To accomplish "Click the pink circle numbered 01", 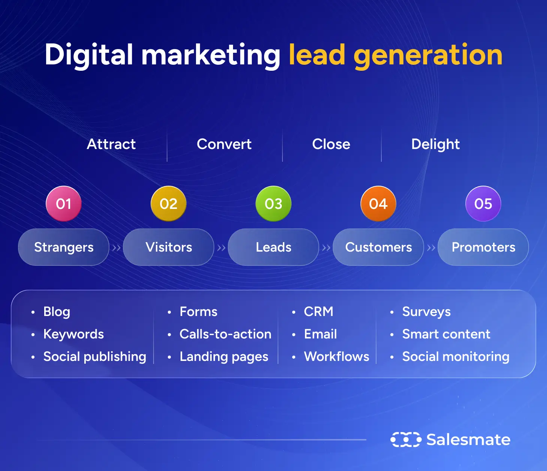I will click(x=64, y=204).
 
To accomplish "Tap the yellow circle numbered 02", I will click(x=169, y=204).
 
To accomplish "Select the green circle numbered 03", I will click(x=273, y=204).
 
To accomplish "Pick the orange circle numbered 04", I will click(x=378, y=204).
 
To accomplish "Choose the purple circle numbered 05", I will click(x=483, y=204).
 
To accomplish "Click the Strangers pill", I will click(x=64, y=247).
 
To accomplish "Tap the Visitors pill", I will click(x=169, y=247).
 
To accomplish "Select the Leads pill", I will click(x=273, y=247).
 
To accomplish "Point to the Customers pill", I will click(x=378, y=247).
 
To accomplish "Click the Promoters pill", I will click(x=483, y=247).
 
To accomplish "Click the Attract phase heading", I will click(x=111, y=144).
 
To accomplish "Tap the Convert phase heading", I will click(x=224, y=144).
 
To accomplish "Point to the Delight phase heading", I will click(x=435, y=144).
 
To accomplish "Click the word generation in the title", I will click(x=428, y=55).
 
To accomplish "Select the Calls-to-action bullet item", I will click(x=225, y=334).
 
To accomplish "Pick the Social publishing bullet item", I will click(x=94, y=356).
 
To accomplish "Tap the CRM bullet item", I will click(x=318, y=312).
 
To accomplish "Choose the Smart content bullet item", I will click(x=446, y=334).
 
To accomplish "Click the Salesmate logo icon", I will click(x=406, y=440).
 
